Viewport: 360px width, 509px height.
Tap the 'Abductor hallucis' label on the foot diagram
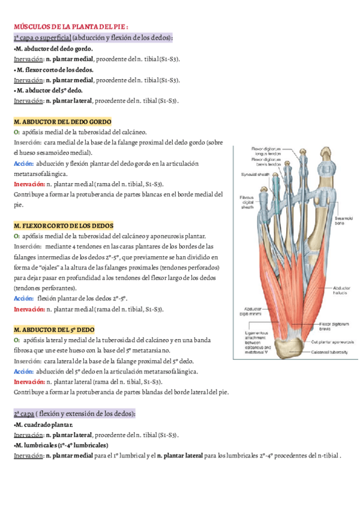344,291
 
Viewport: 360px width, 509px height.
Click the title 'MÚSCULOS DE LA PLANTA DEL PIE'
71,27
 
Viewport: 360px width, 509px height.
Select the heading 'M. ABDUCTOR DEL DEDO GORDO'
62,121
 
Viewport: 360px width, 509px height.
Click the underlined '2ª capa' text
23,414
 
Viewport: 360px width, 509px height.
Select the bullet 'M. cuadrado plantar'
44,424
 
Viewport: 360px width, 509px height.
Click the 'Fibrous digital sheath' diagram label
246,203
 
